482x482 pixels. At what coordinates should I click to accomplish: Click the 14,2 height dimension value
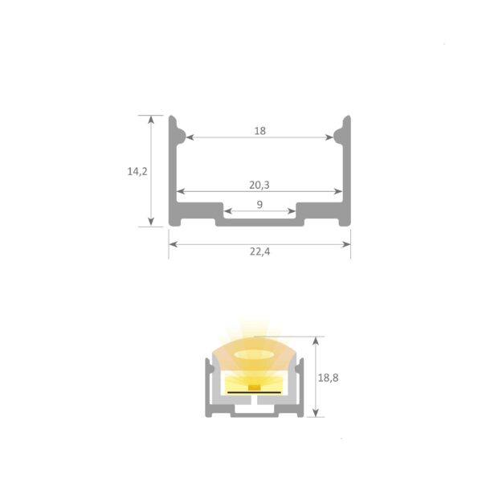(x=137, y=171)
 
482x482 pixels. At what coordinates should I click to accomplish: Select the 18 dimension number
(x=259, y=130)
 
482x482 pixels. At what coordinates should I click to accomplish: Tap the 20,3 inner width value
(x=259, y=185)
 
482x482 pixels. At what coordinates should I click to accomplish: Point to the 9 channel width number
(x=259, y=205)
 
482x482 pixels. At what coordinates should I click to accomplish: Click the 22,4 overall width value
(x=259, y=251)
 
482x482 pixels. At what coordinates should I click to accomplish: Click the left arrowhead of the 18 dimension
(x=190, y=138)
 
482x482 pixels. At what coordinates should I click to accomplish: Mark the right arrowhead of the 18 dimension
(x=330, y=138)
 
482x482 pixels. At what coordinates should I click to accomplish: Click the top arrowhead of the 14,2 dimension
(x=151, y=118)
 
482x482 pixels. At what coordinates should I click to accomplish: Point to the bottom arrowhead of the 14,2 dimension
(x=151, y=223)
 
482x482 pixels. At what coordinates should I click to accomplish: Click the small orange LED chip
(x=253, y=388)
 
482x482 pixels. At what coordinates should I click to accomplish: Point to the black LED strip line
(x=253, y=392)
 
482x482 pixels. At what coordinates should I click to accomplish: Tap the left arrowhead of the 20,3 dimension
(x=180, y=192)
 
